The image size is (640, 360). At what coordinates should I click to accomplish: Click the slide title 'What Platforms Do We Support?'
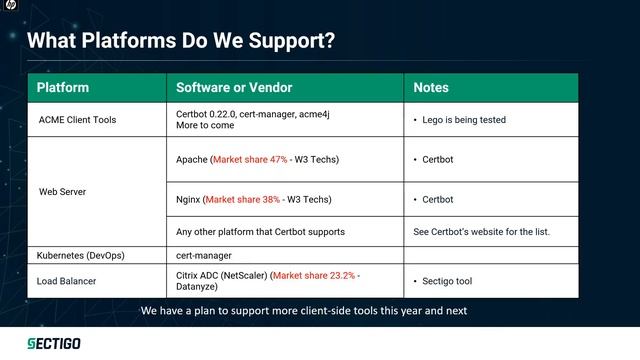(x=180, y=42)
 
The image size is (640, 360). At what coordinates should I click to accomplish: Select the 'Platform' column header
(x=63, y=88)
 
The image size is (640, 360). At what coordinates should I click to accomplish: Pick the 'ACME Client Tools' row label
(x=77, y=120)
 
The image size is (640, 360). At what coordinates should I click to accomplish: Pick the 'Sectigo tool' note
(x=445, y=281)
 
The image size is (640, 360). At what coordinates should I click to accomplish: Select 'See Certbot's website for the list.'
(x=481, y=232)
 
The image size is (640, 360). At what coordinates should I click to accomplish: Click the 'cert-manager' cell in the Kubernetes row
(x=204, y=255)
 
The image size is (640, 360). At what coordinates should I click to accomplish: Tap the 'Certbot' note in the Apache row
(x=438, y=159)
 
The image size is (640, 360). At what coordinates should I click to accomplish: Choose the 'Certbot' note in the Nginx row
(x=438, y=199)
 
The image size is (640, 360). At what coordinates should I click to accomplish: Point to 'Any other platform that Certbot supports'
(x=260, y=232)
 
